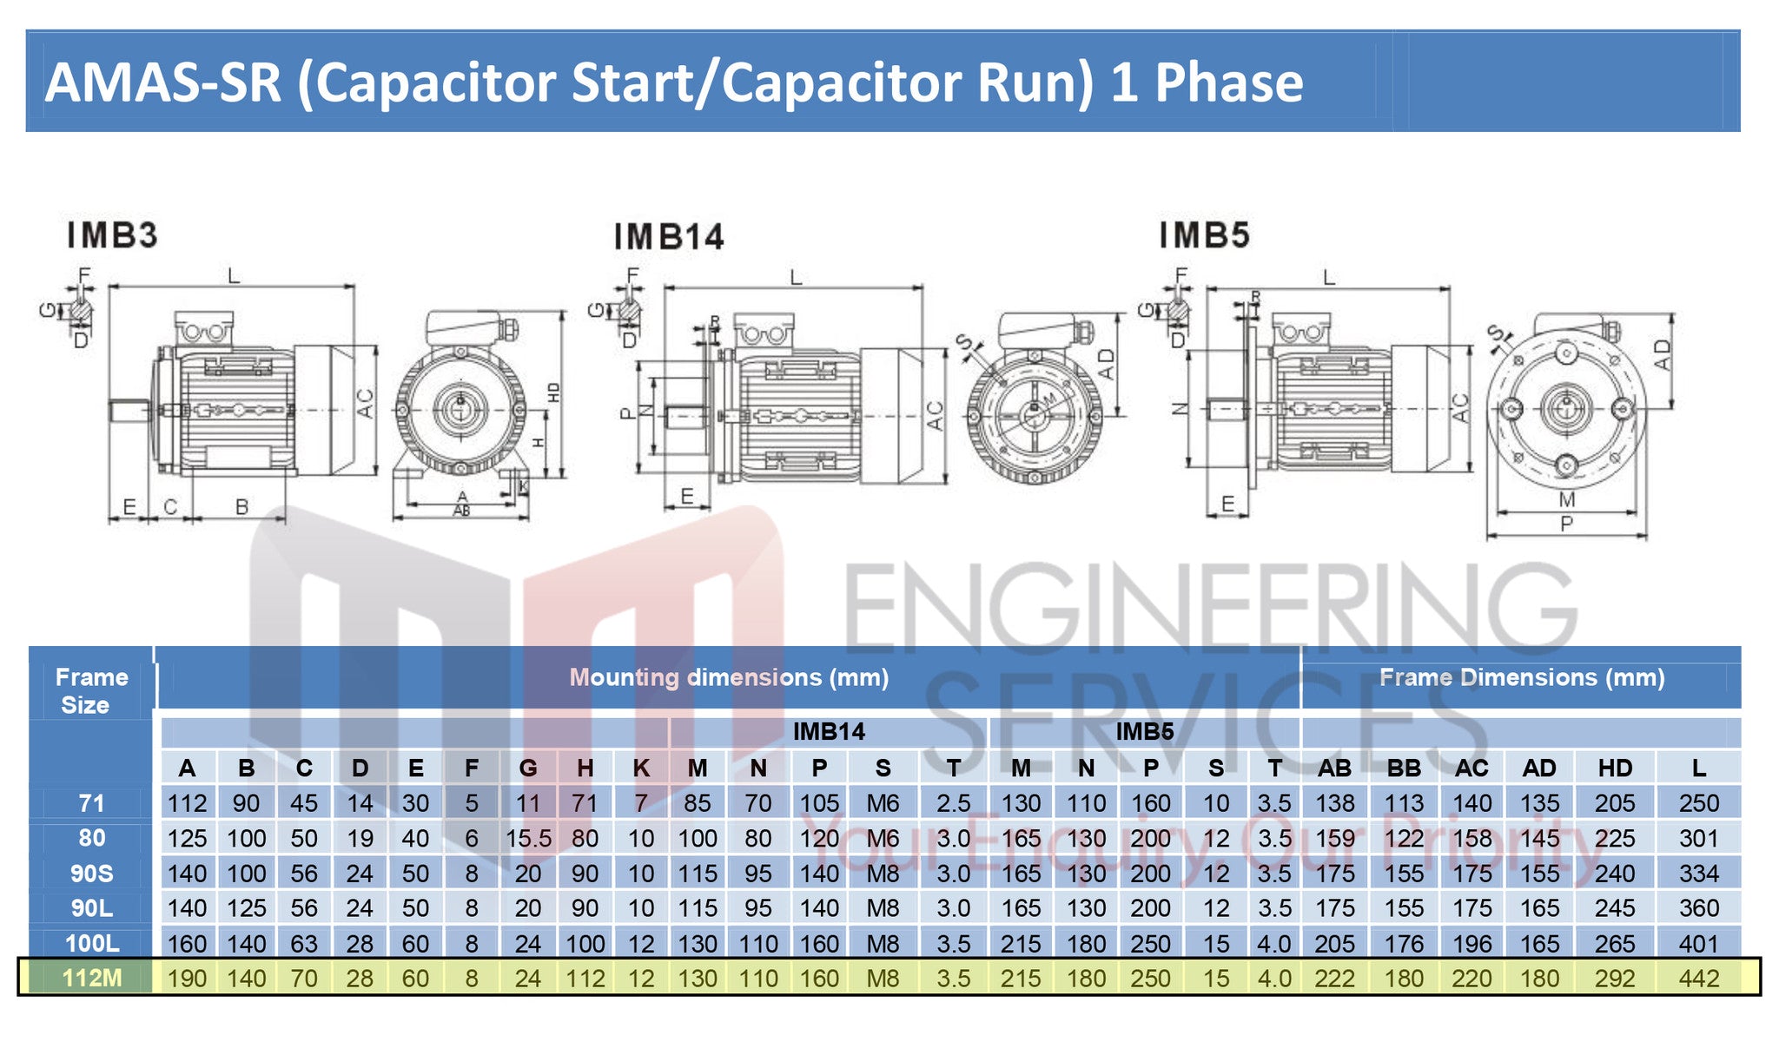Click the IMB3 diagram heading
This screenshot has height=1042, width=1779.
pos(112,235)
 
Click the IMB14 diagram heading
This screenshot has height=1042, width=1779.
pos(668,237)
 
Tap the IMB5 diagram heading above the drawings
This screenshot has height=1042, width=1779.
pos(1204,235)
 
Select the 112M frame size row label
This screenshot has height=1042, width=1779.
pos(92,979)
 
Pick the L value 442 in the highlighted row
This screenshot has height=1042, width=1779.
pos(1698,979)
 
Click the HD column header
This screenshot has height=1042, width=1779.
pos(1614,768)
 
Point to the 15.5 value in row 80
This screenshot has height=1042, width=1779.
pos(528,839)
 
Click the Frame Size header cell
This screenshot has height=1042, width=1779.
pos(91,691)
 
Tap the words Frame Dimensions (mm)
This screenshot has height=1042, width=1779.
pos(1521,678)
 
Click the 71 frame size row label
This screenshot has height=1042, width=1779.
pos(92,804)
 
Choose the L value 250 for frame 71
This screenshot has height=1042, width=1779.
pos(1698,804)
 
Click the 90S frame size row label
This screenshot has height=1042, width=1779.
pos(92,874)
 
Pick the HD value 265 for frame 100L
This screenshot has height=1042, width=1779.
pos(1614,944)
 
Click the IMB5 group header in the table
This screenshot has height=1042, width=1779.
pos(1144,732)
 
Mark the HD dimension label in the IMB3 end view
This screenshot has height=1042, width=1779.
pos(554,392)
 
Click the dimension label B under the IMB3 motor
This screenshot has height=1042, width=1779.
pos(242,506)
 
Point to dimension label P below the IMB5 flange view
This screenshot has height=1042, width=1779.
pos(1566,524)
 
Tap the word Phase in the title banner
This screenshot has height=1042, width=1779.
pos(1228,82)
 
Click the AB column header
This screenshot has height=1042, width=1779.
pos(1334,768)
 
